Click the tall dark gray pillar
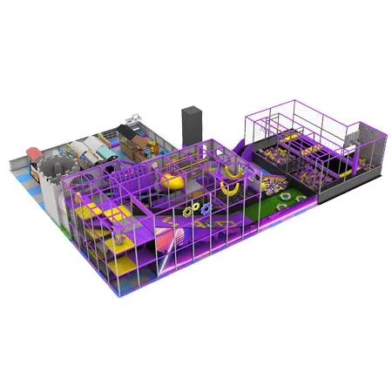click(x=191, y=124)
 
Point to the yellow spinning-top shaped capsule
click(x=168, y=181)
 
